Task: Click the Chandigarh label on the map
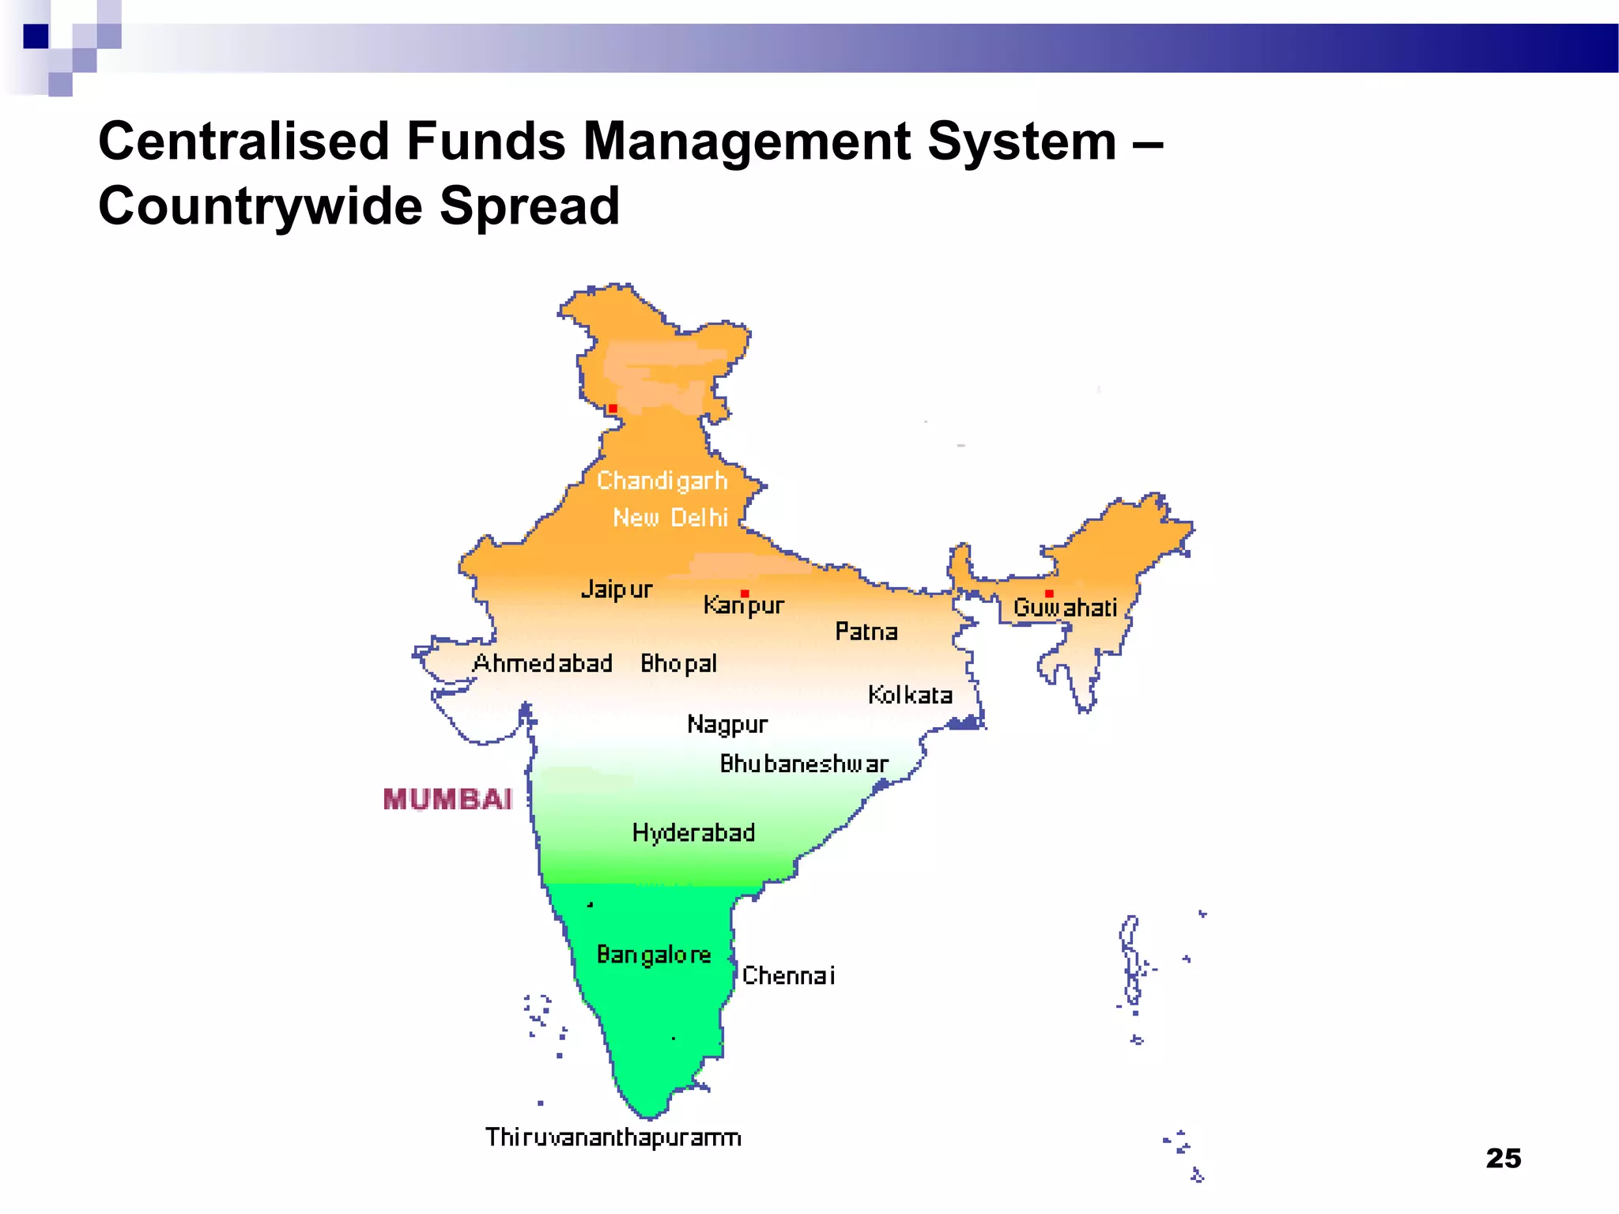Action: pyautogui.click(x=662, y=481)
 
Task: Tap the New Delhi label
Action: pyautogui.click(x=670, y=518)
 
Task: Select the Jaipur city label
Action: pyautogui.click(x=617, y=590)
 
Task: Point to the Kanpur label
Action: pyautogui.click(x=744, y=606)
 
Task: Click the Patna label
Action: pyautogui.click(x=866, y=632)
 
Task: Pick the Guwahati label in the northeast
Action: pyautogui.click(x=1065, y=608)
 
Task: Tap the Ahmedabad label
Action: pyautogui.click(x=542, y=663)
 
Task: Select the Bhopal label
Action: pyautogui.click(x=678, y=664)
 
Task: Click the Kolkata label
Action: pyautogui.click(x=910, y=696)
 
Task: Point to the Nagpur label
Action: pyautogui.click(x=727, y=725)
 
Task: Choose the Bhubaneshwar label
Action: pyautogui.click(x=804, y=764)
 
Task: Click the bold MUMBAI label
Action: pyautogui.click(x=447, y=800)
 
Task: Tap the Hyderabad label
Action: pyautogui.click(x=693, y=833)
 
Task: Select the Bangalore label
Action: pyautogui.click(x=654, y=956)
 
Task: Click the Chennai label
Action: pyautogui.click(x=788, y=976)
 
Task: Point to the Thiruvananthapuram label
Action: pyautogui.click(x=613, y=1137)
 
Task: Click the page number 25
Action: pyautogui.click(x=1503, y=1159)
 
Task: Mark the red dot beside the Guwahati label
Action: pyautogui.click(x=1049, y=594)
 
